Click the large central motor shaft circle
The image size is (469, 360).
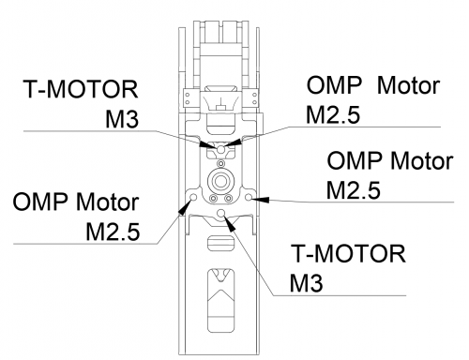pos(220,181)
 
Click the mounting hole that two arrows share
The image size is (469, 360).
pos(220,149)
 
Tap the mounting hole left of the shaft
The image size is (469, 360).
pos(193,198)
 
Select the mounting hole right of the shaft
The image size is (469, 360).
pos(249,198)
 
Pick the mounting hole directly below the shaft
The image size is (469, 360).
pos(221,214)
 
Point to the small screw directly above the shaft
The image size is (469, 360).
pos(220,163)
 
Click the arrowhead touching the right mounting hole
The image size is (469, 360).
pos(261,199)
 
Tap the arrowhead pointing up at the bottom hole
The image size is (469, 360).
pos(231,224)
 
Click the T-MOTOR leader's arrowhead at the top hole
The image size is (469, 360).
pos(207,144)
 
